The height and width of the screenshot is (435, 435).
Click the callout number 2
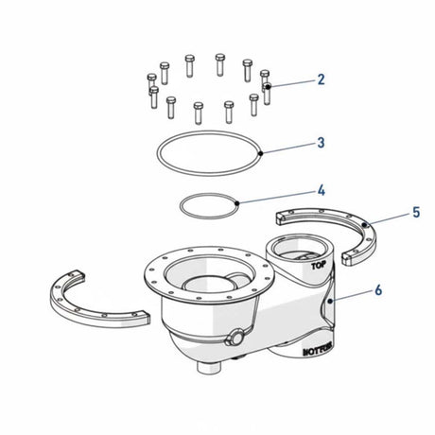[321, 79]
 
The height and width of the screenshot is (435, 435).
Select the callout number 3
[321, 144]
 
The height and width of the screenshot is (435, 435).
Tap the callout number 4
[322, 190]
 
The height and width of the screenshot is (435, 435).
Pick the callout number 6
[378, 291]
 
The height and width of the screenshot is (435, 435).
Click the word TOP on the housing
[317, 268]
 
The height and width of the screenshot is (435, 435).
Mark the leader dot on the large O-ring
[260, 151]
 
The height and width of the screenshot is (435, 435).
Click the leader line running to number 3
[287, 148]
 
